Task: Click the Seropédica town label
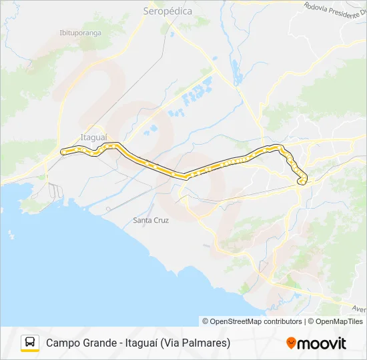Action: [x=168, y=11]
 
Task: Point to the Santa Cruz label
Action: [x=151, y=220]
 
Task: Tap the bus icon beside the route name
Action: [x=30, y=343]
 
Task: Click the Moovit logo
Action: [x=316, y=343]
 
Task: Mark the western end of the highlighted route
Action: [x=63, y=152]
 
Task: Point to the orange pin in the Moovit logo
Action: [x=291, y=343]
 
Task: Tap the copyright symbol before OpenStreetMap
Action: [x=206, y=321]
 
